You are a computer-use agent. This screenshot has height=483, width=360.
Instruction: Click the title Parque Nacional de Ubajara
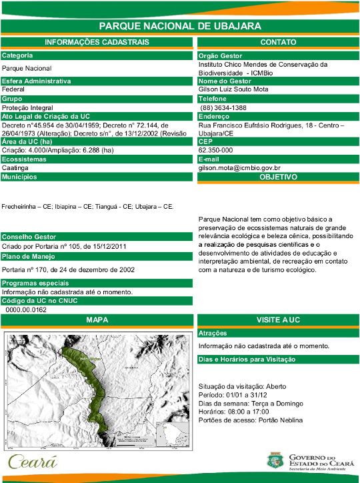(179, 26)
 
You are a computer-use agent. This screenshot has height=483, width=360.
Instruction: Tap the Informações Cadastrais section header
(97, 42)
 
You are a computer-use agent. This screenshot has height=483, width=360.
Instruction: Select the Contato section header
(278, 42)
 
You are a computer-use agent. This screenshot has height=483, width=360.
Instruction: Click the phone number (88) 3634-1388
(224, 107)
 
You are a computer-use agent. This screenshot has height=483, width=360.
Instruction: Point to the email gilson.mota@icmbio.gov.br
(239, 169)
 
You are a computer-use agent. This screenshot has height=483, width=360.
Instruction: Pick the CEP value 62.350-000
(215, 150)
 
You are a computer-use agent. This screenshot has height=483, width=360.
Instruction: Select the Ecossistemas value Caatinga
(15, 168)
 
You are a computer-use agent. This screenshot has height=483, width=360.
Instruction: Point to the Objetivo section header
(278, 177)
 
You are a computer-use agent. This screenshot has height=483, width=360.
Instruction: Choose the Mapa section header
(97, 320)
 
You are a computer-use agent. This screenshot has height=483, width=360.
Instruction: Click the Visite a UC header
(278, 320)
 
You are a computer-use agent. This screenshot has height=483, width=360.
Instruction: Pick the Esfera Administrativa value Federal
(13, 89)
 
